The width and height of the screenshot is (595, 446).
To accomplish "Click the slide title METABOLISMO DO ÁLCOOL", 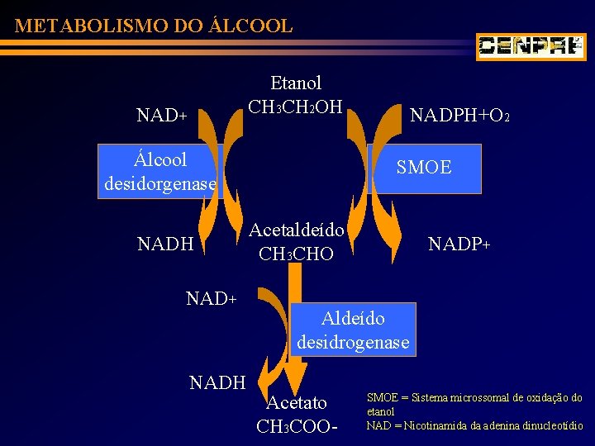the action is coord(154,26).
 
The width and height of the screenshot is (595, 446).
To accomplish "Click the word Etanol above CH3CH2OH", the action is coord(296,83).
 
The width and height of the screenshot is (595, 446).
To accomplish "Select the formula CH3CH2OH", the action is coord(296,107).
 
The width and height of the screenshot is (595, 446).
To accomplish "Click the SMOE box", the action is coord(423,168).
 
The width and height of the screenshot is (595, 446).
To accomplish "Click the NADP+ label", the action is coord(459,244).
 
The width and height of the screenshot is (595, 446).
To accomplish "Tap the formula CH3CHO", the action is coord(296,254).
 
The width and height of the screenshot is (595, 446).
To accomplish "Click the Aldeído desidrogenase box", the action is coord(353,330).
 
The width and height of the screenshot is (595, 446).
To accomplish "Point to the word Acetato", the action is coord(297,403).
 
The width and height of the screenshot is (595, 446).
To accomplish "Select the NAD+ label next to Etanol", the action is coord(161,116).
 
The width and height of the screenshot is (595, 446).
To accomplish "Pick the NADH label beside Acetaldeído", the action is coord(165,244).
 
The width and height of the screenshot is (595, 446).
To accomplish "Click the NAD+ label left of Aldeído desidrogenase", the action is coord(212,297).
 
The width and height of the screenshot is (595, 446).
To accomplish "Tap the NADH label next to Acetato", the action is coord(218,382).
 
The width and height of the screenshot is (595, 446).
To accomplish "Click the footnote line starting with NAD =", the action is coord(476,426).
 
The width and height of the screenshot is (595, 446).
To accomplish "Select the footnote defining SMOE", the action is coord(474,404).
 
